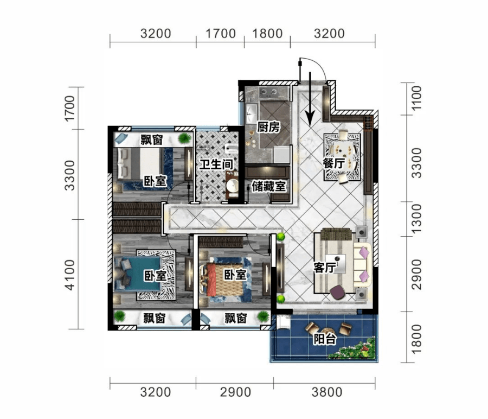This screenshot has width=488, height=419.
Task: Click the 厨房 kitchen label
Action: [268, 127]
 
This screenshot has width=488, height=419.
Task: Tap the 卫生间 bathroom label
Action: [216, 164]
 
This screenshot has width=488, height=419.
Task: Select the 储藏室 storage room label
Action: [269, 186]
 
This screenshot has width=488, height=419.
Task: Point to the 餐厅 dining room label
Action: [334, 163]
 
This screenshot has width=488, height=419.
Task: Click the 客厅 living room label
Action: [325, 268]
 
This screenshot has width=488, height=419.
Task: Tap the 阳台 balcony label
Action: [325, 339]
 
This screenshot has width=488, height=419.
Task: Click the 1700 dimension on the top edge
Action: [221, 33]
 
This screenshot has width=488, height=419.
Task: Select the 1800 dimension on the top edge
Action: [267, 33]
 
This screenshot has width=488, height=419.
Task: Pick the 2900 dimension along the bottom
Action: [235, 392]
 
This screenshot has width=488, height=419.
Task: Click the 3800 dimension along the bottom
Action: [327, 392]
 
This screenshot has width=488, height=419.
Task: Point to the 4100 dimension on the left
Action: [70, 275]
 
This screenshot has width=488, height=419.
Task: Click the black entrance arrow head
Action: [310, 118]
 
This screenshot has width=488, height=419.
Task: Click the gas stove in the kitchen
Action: [268, 92]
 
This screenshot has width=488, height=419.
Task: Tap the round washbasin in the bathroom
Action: [232, 186]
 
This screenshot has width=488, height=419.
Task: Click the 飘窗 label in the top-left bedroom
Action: [152, 139]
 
